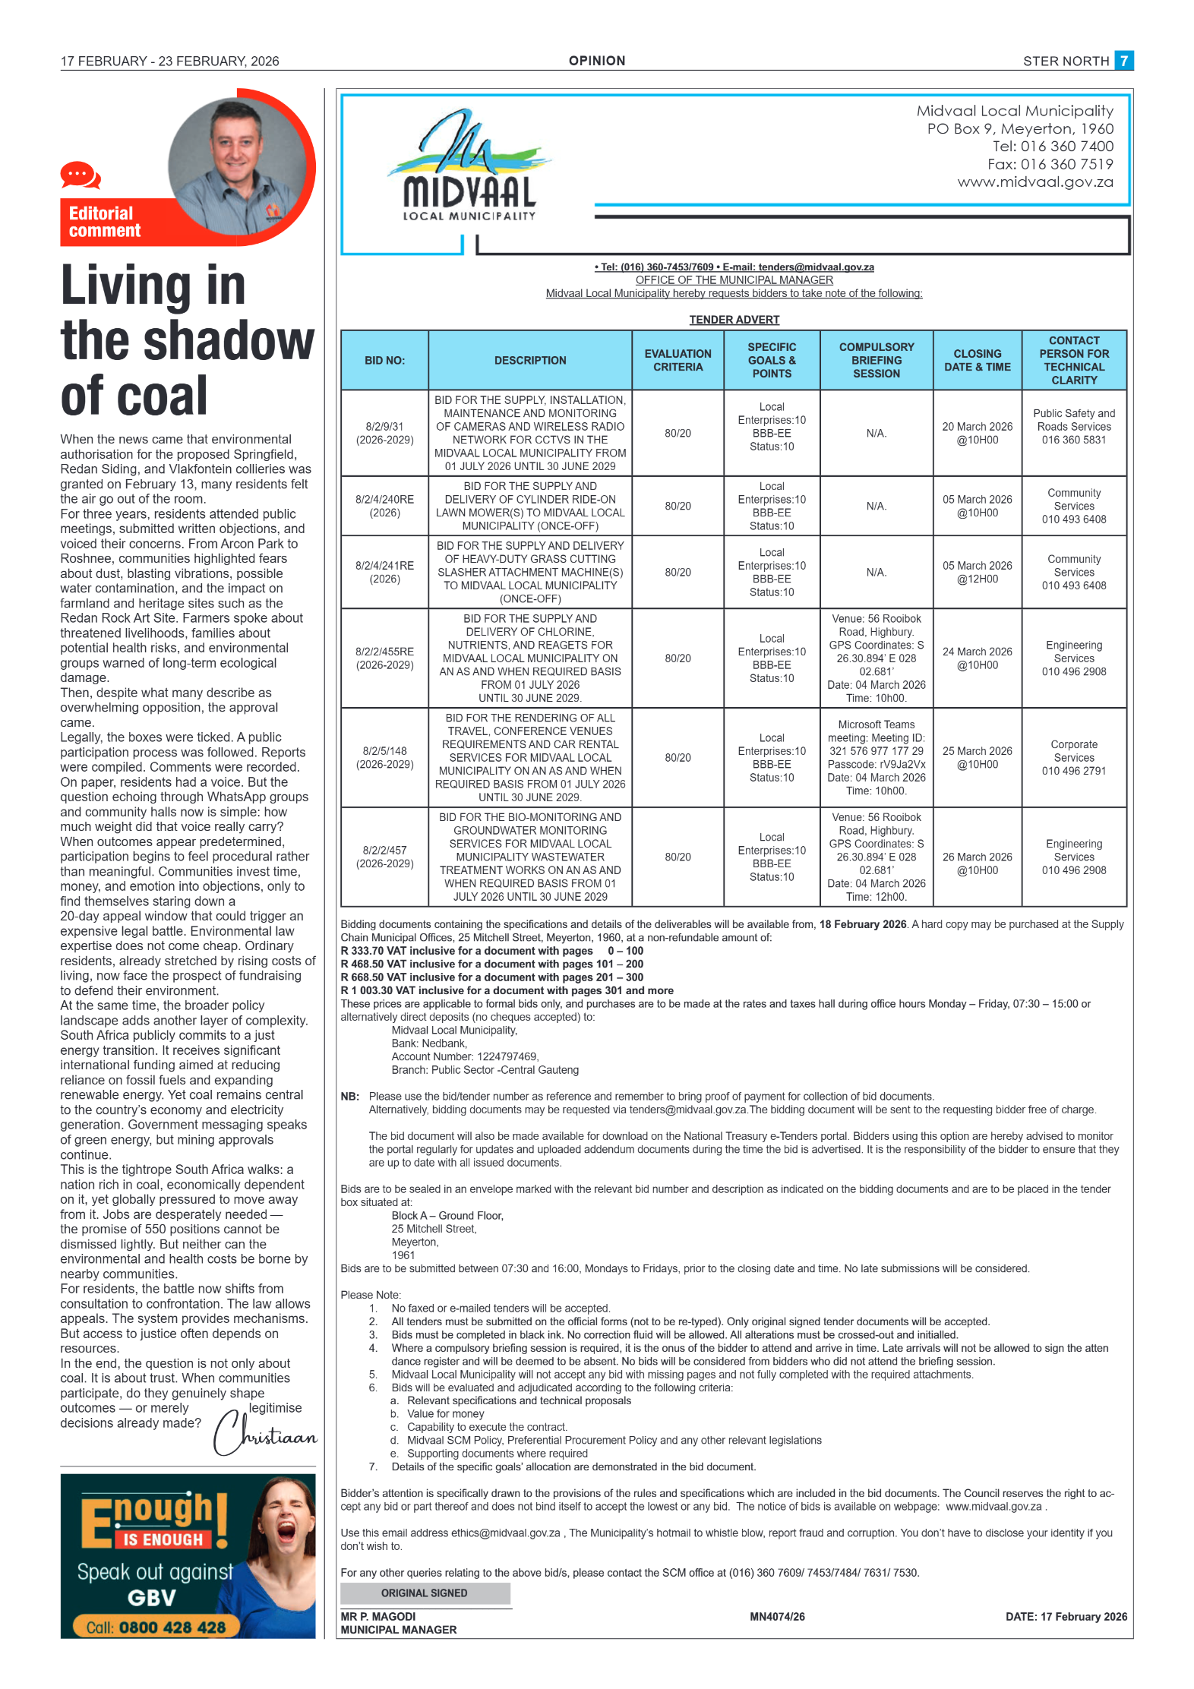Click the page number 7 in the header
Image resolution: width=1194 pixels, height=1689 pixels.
[x=1123, y=61]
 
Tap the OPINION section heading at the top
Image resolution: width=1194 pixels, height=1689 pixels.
[x=597, y=61]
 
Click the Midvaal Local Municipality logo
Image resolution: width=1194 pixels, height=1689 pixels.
[x=469, y=167]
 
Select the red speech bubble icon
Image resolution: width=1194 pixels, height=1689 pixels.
[x=80, y=175]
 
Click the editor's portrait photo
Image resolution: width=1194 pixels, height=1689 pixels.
[x=237, y=166]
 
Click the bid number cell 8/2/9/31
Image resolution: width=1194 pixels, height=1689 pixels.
[x=384, y=433]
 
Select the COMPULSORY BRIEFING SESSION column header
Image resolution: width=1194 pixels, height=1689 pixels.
[x=876, y=360]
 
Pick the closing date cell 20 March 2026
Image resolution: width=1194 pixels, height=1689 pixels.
[x=977, y=433]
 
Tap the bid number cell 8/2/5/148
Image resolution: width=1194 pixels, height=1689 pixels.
[x=384, y=757]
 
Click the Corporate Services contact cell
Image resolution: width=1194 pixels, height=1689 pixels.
[x=1073, y=757]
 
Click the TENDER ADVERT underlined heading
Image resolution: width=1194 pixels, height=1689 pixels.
[x=734, y=320]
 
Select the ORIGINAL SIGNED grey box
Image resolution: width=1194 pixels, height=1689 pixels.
[x=425, y=1593]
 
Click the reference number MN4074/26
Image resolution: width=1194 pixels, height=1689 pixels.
[x=777, y=1616]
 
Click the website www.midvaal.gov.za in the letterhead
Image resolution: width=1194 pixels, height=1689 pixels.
[x=1034, y=182]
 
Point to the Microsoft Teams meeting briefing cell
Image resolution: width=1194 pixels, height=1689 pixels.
[x=876, y=757]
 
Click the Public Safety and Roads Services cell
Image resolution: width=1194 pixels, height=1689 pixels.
[x=1073, y=426]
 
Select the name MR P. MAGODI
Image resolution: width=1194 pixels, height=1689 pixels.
[x=378, y=1616]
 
